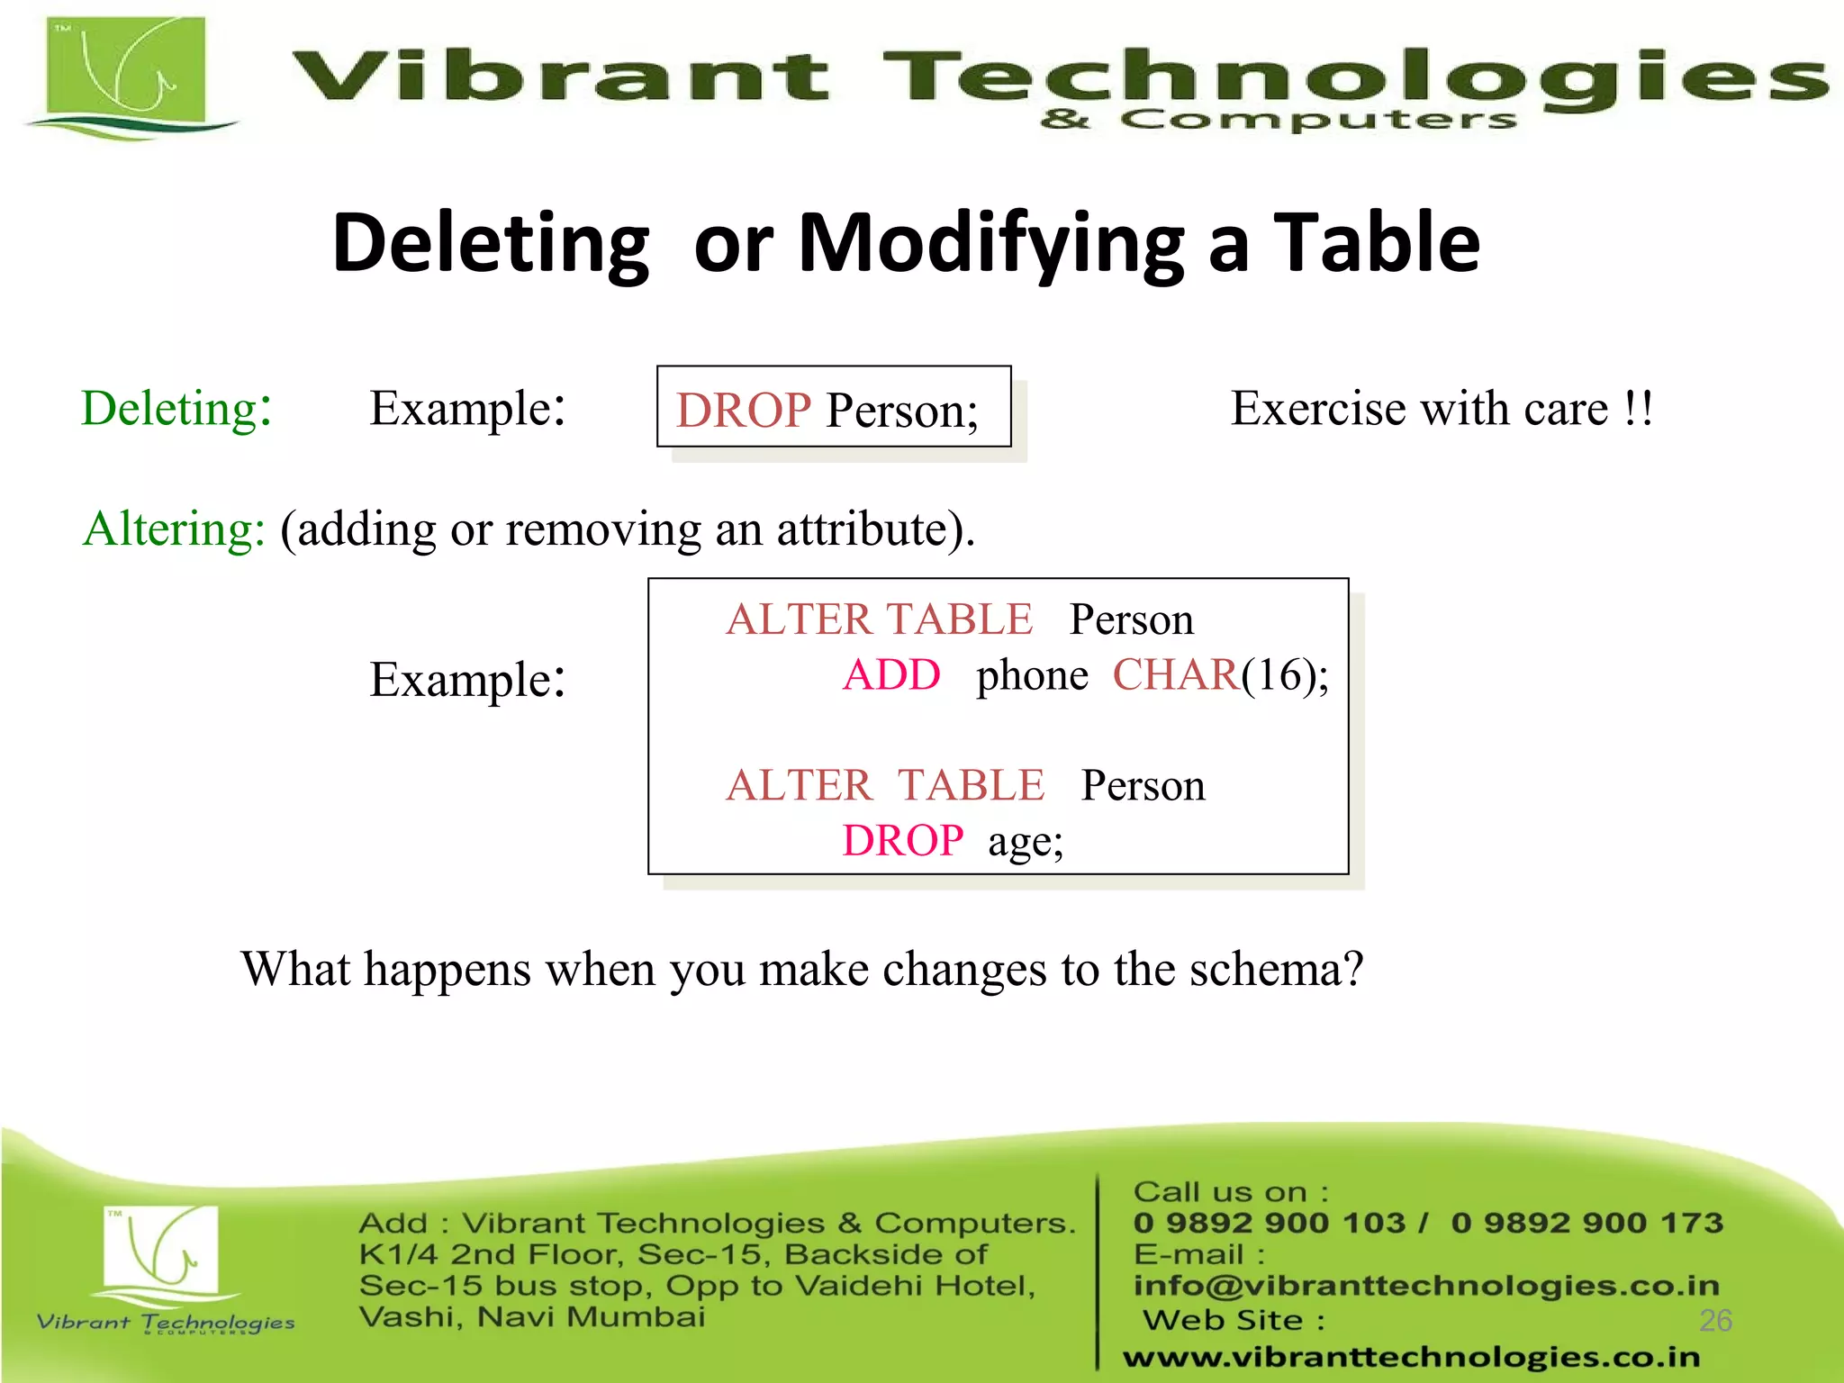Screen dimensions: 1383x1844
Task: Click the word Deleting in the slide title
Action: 491,243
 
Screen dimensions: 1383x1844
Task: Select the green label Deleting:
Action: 176,409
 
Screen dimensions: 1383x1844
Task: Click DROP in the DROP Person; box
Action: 744,411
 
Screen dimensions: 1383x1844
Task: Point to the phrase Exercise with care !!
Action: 1442,409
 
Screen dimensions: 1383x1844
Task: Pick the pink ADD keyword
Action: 891,675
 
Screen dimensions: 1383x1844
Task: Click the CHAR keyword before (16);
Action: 1175,675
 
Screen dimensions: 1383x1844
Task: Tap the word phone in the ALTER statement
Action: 1032,675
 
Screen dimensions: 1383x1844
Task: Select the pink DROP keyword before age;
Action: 902,841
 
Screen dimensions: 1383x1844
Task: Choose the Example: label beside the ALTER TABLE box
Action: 467,680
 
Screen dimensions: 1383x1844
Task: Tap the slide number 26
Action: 1715,1320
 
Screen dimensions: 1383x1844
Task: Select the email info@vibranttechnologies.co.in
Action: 1426,1286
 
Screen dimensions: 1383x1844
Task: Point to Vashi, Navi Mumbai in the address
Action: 531,1317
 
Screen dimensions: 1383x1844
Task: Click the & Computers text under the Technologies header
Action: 1279,120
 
